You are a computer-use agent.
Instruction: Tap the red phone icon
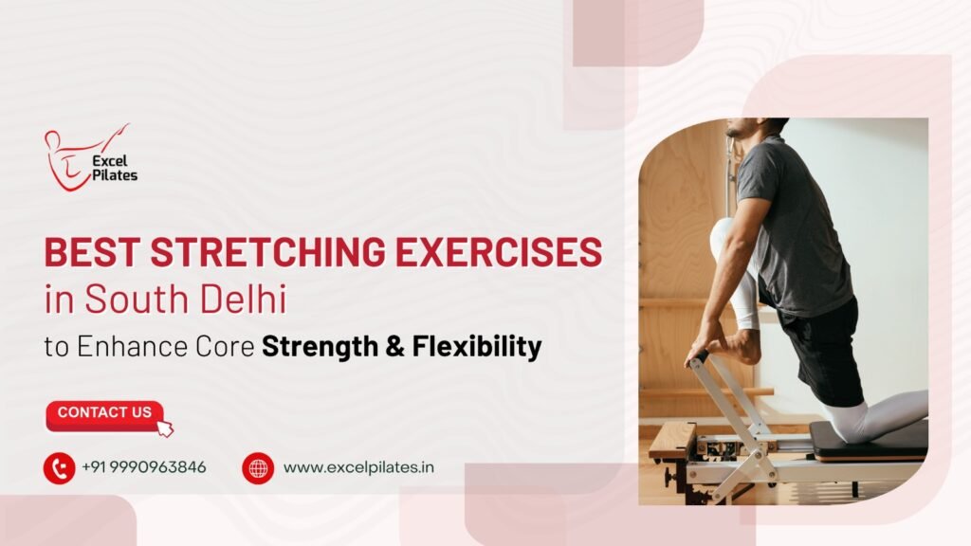point(60,468)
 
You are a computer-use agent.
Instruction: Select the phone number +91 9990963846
point(144,467)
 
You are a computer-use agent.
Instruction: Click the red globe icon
point(258,468)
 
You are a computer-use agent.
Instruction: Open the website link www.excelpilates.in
point(358,467)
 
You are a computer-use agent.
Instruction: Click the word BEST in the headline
point(92,252)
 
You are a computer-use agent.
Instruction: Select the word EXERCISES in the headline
point(499,252)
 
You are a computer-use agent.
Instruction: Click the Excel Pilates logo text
point(115,169)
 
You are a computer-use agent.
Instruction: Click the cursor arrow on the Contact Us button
point(165,428)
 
